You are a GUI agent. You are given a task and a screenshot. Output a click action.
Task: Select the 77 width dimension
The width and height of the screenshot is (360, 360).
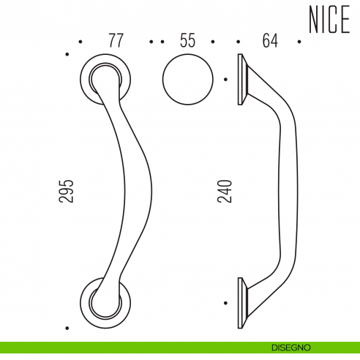coord(116,41)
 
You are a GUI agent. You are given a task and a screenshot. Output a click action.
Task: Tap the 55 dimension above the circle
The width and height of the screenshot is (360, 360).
coord(187,41)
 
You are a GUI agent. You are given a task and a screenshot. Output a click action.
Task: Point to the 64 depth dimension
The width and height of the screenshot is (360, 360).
coord(270,41)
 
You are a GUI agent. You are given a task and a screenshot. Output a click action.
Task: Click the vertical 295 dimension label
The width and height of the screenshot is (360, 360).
coord(67,191)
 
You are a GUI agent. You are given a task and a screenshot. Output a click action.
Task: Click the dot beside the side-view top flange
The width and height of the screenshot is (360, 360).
coord(225,78)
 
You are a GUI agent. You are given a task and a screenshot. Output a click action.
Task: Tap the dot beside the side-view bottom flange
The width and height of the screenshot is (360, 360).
coord(225,301)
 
